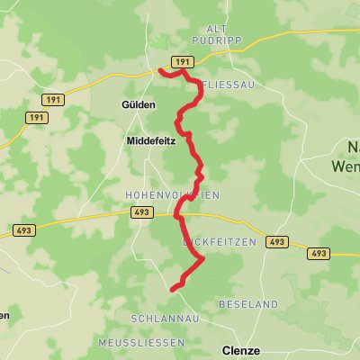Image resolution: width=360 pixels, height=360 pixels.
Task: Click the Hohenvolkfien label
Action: click(x=172, y=194)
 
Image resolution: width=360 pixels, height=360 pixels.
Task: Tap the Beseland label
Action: click(x=248, y=305)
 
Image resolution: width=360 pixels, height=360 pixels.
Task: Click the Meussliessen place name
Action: click(x=143, y=345)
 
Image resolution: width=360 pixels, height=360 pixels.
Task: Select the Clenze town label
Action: click(x=241, y=350)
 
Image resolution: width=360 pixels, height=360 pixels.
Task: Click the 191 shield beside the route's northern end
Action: click(x=183, y=61)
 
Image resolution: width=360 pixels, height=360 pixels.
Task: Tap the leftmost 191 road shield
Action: click(x=36, y=118)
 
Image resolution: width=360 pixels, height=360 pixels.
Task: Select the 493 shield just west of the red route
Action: click(x=140, y=212)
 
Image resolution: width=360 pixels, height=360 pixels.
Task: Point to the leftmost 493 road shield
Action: click(x=23, y=231)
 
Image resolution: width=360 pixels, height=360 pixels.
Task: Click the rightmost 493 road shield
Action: click(x=319, y=254)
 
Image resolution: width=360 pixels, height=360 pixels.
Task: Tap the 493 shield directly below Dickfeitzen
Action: click(x=277, y=242)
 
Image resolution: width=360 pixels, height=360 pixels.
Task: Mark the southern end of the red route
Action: click(x=171, y=289)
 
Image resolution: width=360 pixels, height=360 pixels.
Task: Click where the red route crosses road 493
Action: click(x=178, y=215)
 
